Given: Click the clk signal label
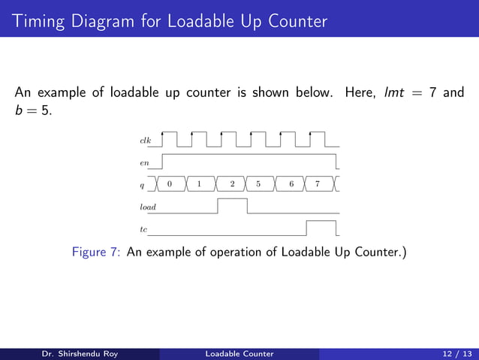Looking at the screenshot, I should click(145, 141).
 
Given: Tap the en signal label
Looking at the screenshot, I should click(143, 162).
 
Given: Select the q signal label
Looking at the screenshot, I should click(143, 184).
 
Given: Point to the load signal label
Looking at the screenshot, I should click(147, 206).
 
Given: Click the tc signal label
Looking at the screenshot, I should click(143, 228).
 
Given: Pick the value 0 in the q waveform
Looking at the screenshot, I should click(170, 183).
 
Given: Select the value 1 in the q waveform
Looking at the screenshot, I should click(199, 183).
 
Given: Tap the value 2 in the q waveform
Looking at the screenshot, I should click(232, 183).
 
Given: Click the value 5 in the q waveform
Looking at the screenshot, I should click(258, 183).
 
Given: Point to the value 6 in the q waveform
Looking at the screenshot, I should click(291, 183).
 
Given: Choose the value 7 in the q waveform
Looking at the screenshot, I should click(318, 183).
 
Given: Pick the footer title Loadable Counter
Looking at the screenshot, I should click(240, 353).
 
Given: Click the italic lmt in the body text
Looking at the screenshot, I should click(395, 94).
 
